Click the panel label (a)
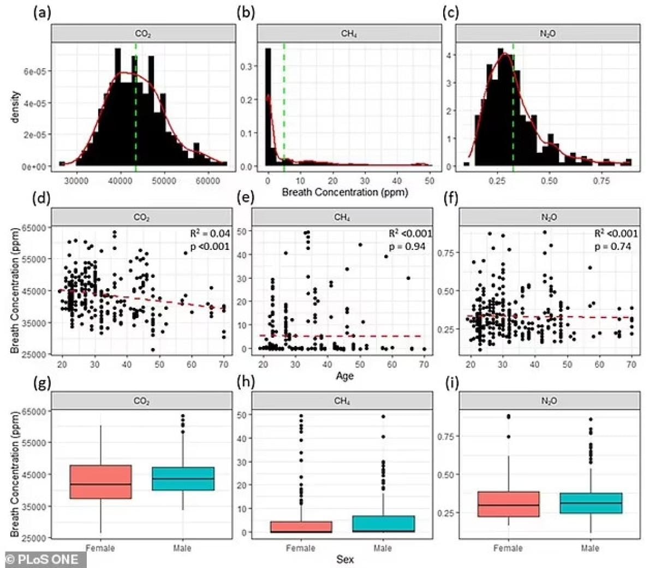(x=42, y=13)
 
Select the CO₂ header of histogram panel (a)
(x=143, y=34)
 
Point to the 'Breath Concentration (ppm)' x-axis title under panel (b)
(x=344, y=192)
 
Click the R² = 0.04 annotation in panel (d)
(x=210, y=234)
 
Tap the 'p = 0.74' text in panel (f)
(x=613, y=247)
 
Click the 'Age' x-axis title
(x=344, y=376)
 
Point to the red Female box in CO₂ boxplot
(x=100, y=482)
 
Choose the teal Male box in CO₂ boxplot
(x=183, y=479)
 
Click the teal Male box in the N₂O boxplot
(x=590, y=503)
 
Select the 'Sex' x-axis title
(x=344, y=559)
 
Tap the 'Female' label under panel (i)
(x=508, y=548)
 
